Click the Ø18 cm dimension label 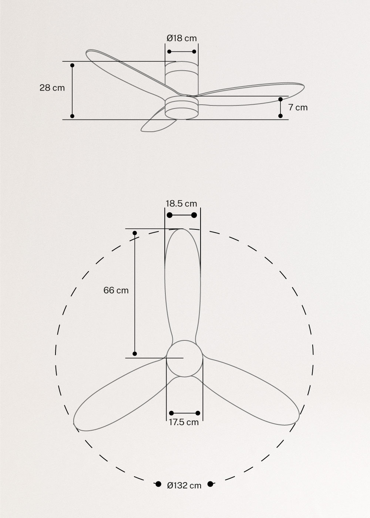[x=182, y=38]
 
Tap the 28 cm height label [x=52, y=88]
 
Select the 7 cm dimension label [x=298, y=108]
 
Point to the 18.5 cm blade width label [x=181, y=203]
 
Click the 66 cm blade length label [x=116, y=290]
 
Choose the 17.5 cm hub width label [x=184, y=422]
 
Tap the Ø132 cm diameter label [x=184, y=485]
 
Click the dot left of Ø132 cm [x=158, y=484]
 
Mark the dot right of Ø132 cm [x=211, y=484]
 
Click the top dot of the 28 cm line [x=72, y=65]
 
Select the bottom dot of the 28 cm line [x=72, y=116]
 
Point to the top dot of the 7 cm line [x=280, y=99]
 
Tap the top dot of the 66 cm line [x=135, y=233]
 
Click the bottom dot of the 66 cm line [x=135, y=354]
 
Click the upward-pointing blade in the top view [x=182, y=281]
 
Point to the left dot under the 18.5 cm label [x=170, y=215]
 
